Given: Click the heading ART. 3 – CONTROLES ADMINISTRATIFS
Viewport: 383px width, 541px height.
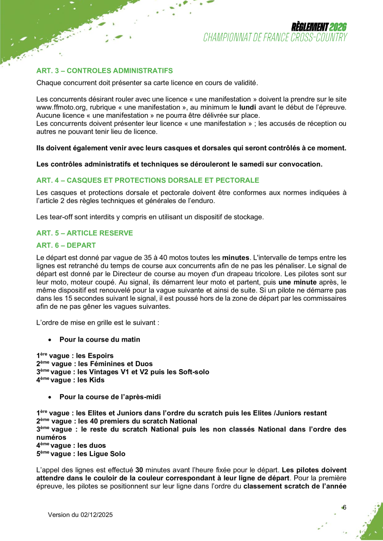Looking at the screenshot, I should (x=105, y=71).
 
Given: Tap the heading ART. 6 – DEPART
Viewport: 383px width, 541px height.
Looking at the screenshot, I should (x=66, y=245).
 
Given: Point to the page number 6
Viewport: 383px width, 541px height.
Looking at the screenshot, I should (x=345, y=507).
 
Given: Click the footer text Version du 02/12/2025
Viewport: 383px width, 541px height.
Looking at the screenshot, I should (x=80, y=515).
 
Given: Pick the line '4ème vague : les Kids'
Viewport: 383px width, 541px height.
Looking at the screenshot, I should (x=70, y=380).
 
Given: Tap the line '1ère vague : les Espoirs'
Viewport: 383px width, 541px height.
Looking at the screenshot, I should (x=75, y=356).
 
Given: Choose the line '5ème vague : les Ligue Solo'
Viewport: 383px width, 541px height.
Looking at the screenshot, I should (x=80, y=454).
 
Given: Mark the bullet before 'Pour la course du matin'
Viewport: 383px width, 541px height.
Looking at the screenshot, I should (x=50, y=340).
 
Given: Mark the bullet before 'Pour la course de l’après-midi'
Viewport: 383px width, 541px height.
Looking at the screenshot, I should (x=50, y=397).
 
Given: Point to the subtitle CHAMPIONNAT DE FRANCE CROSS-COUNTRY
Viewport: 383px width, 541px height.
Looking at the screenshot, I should (x=275, y=37).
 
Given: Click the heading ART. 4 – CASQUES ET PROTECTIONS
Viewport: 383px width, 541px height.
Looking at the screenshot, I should (x=148, y=180).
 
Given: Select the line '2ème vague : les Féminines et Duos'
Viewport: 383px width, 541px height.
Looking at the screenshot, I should (x=94, y=364).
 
